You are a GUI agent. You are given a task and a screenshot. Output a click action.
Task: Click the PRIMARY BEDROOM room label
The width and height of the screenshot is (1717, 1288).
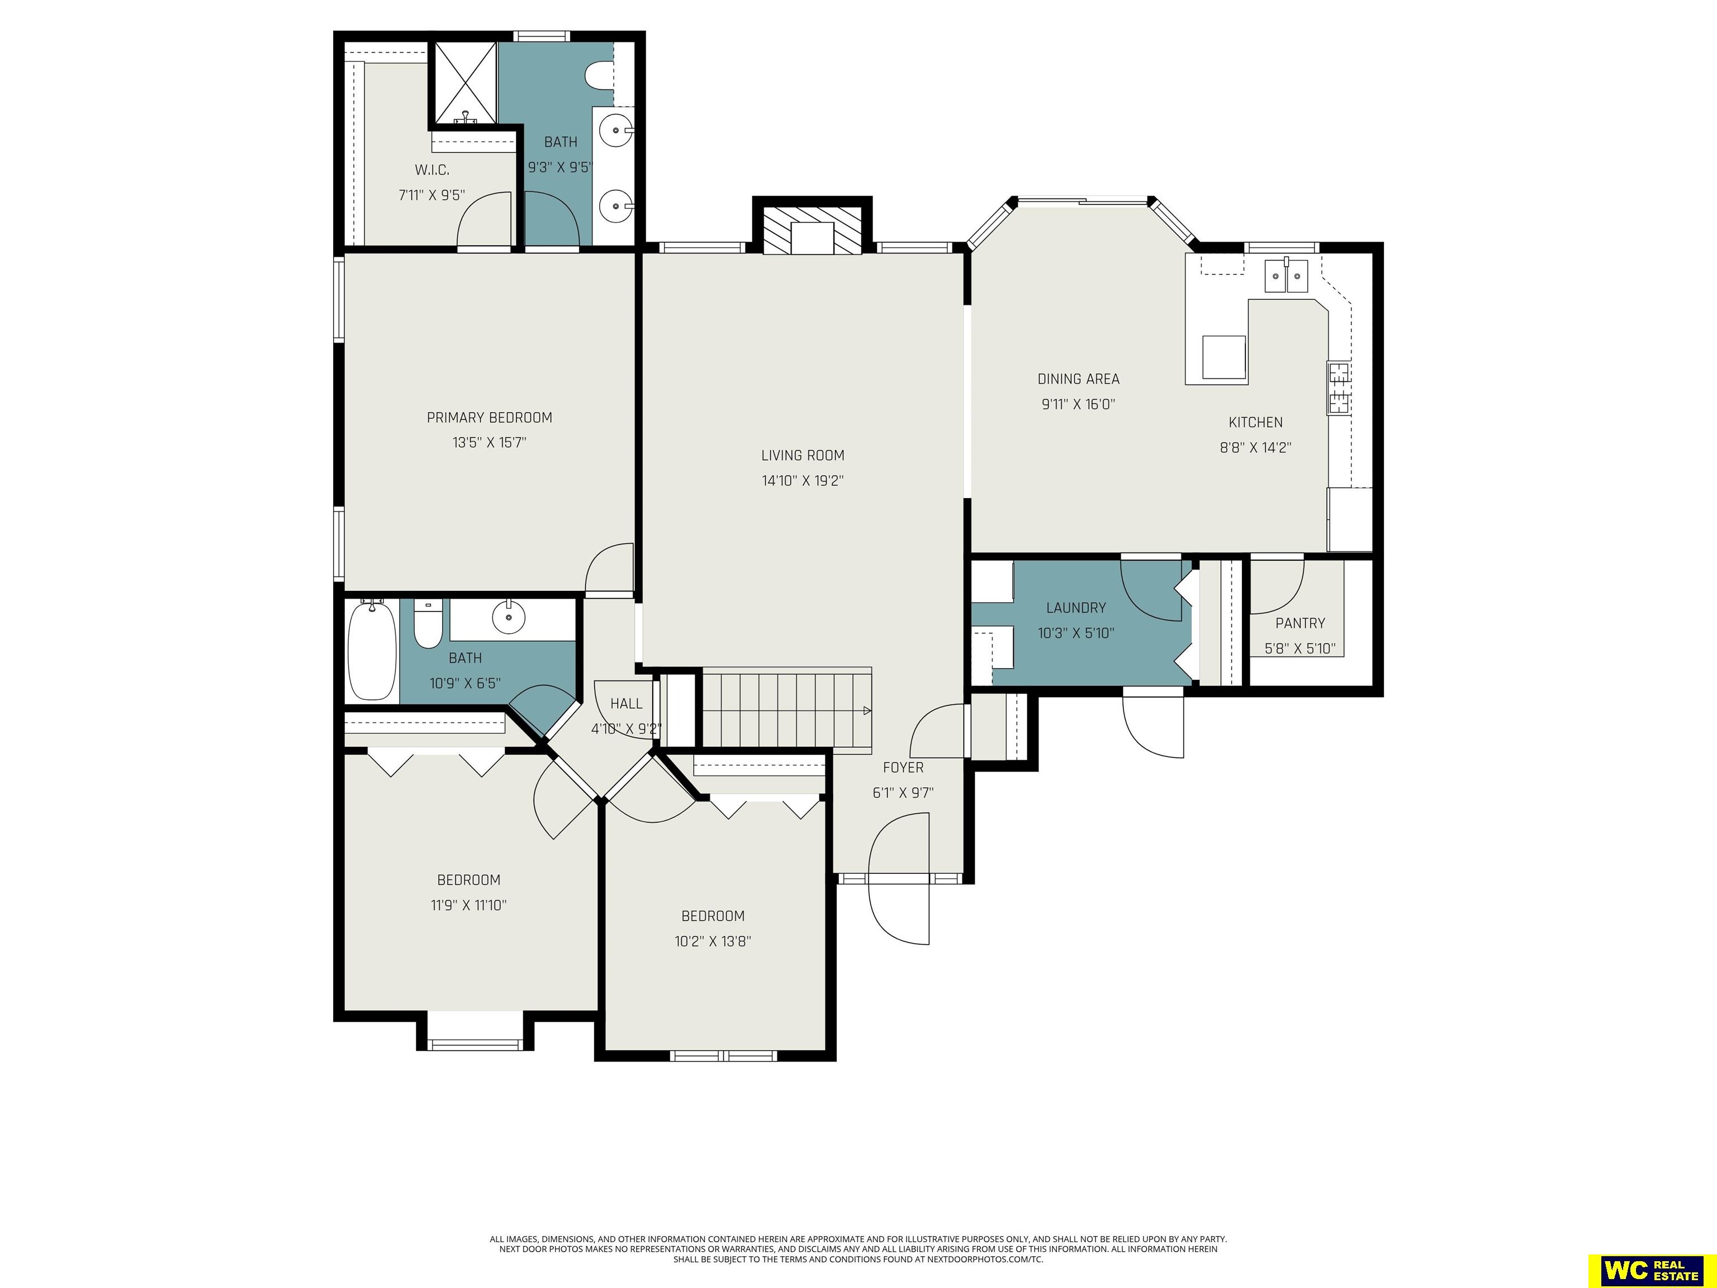[489, 418]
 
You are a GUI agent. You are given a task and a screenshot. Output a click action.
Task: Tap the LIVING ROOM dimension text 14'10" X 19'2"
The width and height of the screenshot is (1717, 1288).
[803, 481]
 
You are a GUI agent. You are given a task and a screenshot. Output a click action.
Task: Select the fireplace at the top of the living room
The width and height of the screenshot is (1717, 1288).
[812, 229]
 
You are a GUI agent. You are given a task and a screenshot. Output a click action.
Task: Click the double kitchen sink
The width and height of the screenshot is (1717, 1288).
[1286, 276]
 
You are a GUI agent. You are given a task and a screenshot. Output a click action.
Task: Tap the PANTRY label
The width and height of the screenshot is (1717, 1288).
[1300, 623]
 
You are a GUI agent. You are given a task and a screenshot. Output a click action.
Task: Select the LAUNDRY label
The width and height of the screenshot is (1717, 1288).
[1076, 608]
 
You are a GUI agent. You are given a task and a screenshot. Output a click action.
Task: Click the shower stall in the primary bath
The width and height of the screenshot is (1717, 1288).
[464, 83]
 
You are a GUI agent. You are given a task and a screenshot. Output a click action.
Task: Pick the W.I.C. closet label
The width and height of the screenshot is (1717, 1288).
[431, 170]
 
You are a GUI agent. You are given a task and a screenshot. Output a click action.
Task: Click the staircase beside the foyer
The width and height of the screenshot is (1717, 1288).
[786, 709]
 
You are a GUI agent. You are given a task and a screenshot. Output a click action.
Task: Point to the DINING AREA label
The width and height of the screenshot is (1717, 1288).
[1078, 379]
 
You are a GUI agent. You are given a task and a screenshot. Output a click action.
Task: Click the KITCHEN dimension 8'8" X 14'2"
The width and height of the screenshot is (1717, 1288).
[1255, 448]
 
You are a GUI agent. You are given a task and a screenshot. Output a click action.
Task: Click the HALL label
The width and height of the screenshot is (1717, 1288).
[625, 703]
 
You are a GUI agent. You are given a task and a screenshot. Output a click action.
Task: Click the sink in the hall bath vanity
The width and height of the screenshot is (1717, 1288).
[509, 617]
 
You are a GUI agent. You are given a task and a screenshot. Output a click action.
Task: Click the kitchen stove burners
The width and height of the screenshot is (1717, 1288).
[1338, 388]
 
